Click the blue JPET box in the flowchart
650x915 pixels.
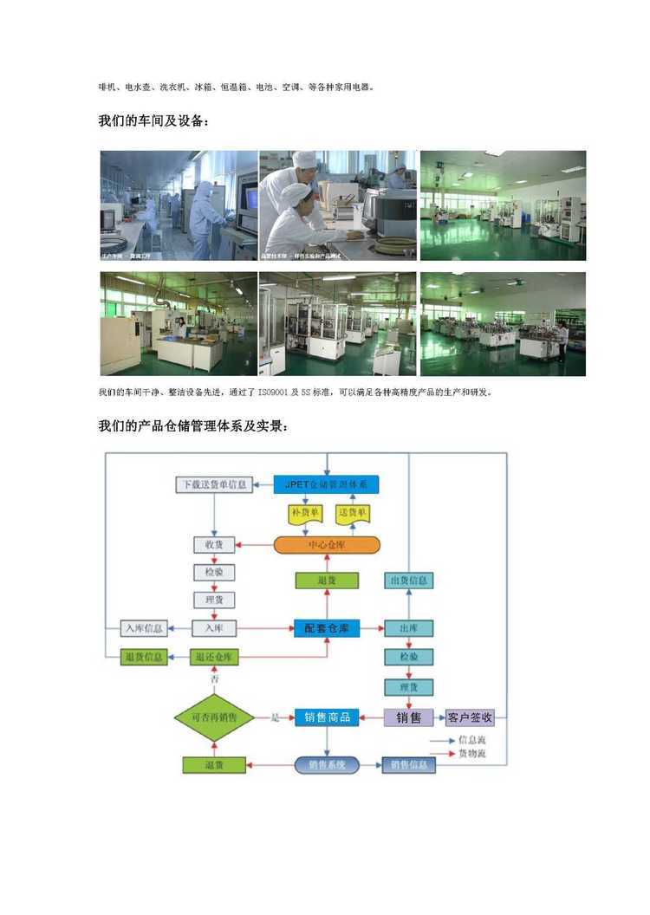pos(327,484)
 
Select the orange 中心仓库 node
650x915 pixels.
pos(327,545)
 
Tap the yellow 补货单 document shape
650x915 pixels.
pos(304,514)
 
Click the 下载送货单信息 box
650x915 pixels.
pos(214,484)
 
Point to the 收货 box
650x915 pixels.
pos(214,545)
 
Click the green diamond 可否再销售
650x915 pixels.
pos(213,717)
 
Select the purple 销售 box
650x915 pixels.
pos(408,717)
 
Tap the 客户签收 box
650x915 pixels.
pos(470,717)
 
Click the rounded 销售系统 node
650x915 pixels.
pos(327,765)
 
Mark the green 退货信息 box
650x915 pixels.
pos(143,658)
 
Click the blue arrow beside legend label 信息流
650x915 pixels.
pos(443,741)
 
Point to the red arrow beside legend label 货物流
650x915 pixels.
pos(443,754)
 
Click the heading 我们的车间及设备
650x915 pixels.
pos(153,122)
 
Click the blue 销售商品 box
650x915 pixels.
pos(327,717)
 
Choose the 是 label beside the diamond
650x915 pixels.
pos(276,717)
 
